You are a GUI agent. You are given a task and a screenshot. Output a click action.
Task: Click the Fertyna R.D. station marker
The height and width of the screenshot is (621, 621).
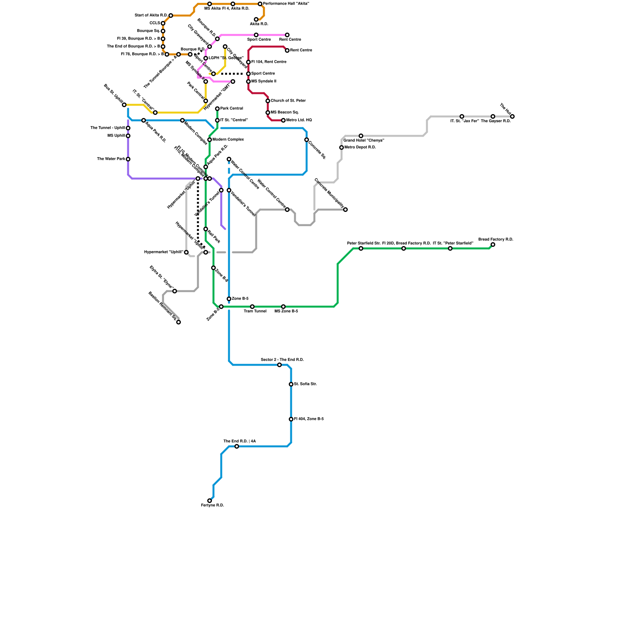pos(210,501)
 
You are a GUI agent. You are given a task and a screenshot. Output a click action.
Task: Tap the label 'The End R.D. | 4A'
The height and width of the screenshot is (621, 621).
pos(239,441)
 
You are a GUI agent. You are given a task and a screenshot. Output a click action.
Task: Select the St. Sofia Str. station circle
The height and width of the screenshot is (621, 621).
pos(291,384)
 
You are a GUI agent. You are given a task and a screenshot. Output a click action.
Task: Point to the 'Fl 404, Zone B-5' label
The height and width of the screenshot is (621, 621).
pos(309,419)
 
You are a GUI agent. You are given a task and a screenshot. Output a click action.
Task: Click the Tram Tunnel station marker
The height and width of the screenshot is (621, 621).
pos(252,307)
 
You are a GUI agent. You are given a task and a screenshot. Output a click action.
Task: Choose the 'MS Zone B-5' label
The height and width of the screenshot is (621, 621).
pos(286,311)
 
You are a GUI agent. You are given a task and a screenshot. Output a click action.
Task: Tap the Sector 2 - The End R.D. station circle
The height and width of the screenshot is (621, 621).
pos(279,365)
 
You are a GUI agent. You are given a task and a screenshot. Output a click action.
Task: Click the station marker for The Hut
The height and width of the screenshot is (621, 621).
pos(512,116)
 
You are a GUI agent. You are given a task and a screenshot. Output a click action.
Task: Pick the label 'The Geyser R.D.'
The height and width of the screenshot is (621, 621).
pos(496,121)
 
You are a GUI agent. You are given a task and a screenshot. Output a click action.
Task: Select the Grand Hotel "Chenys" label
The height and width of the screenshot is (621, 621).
pos(364,141)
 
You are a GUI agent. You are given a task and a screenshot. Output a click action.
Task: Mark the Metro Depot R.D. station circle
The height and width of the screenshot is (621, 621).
pos(342,147)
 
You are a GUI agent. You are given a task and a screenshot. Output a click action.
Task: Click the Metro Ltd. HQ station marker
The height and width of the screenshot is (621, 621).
pos(283,120)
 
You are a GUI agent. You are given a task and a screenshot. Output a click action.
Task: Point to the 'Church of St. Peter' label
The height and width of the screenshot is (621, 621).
pos(288,101)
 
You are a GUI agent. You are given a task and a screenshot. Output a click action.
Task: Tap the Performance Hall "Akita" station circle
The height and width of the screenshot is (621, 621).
pos(260,4)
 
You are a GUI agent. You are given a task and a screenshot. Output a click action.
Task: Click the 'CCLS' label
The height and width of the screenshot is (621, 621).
pos(155,23)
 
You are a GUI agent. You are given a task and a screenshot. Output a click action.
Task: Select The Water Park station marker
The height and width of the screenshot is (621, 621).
pos(128,159)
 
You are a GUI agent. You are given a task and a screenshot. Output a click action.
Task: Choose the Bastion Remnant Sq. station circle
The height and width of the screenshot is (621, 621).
pos(179,322)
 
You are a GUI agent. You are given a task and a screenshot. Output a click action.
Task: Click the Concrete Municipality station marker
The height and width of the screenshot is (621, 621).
pos(345,210)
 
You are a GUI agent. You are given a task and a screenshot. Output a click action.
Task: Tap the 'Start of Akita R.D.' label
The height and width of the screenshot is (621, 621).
pos(151,16)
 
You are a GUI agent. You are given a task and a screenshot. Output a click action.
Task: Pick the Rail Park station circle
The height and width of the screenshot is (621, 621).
pos(206,229)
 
